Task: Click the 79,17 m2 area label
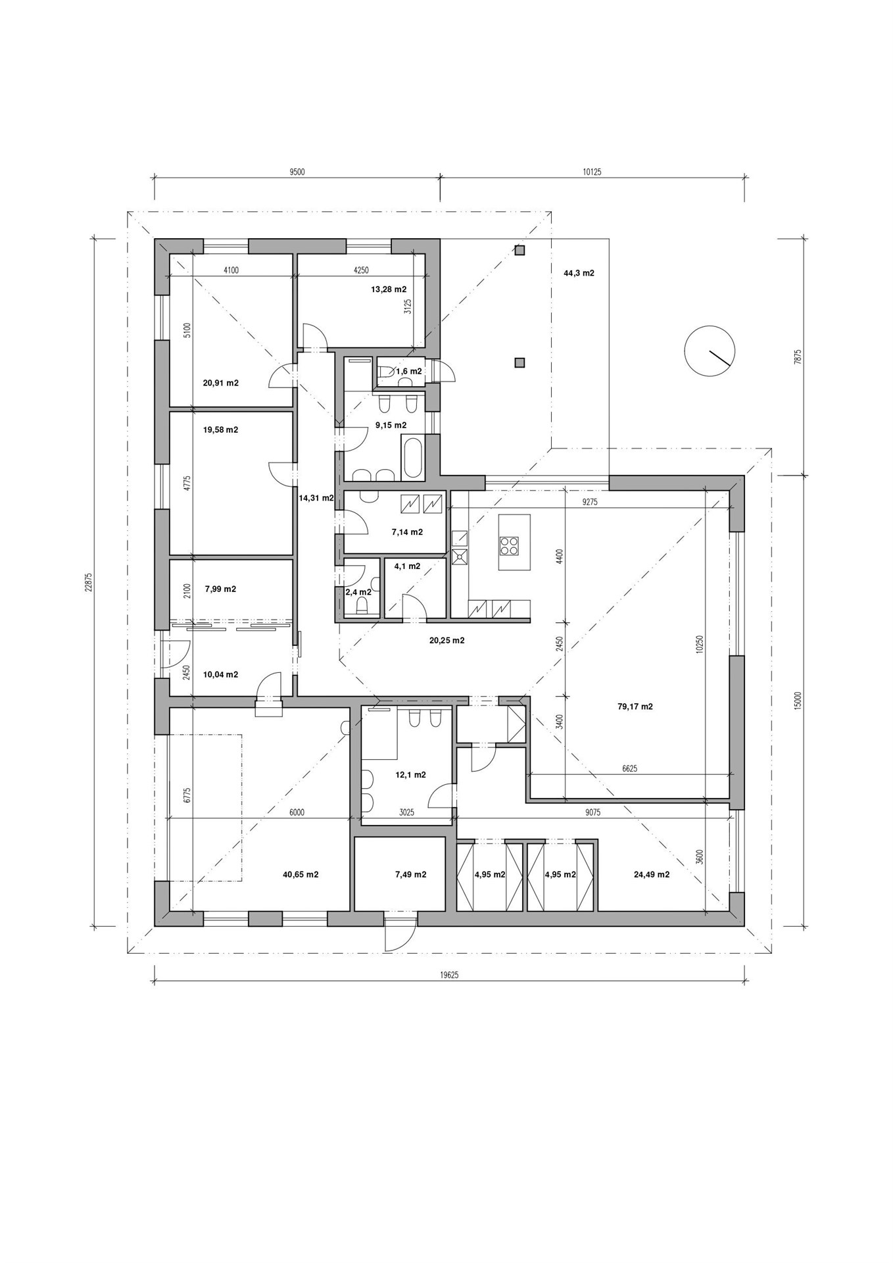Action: [635, 707]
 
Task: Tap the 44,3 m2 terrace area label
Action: [579, 272]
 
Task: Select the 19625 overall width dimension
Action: [450, 976]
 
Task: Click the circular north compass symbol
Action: [709, 350]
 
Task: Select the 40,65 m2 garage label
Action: [301, 874]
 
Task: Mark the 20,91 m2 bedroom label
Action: [221, 382]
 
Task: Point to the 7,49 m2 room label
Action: [410, 874]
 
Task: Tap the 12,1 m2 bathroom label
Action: [410, 774]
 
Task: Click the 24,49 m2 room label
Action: [652, 874]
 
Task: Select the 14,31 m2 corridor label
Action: [316, 498]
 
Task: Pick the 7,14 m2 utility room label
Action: [407, 532]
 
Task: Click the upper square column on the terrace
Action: [520, 250]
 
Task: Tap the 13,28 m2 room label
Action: [389, 289]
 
